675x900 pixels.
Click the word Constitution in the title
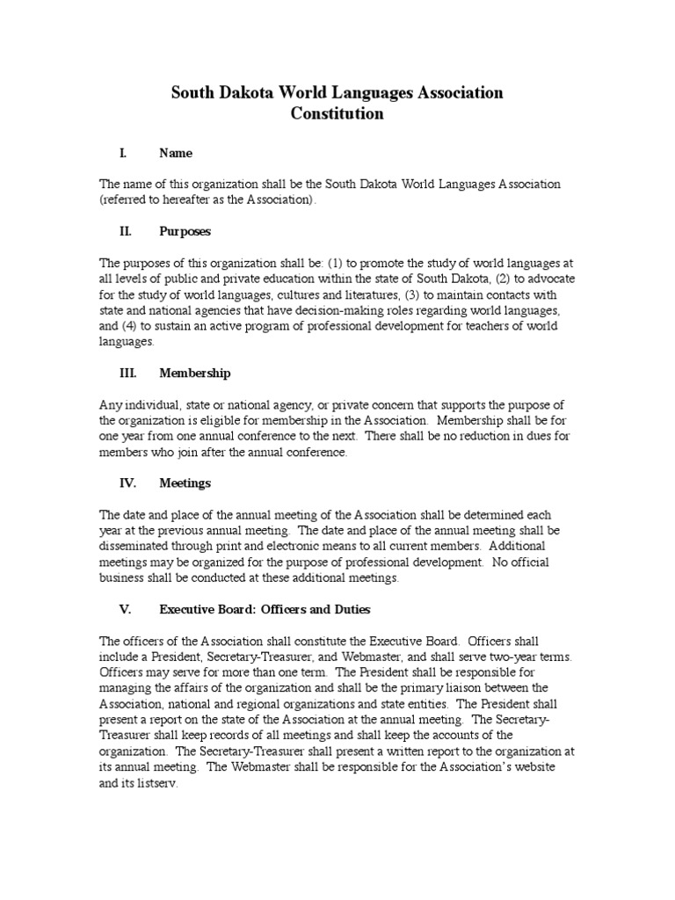pos(337,114)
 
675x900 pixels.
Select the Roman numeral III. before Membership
pos(128,373)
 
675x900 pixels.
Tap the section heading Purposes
pos(185,231)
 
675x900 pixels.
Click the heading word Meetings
pos(185,483)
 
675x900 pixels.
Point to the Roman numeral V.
pos(124,609)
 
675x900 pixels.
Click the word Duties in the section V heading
pos(350,609)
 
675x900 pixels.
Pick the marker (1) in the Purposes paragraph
pos(336,264)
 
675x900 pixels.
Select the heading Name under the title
pos(176,153)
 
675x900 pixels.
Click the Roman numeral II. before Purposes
pos(126,231)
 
